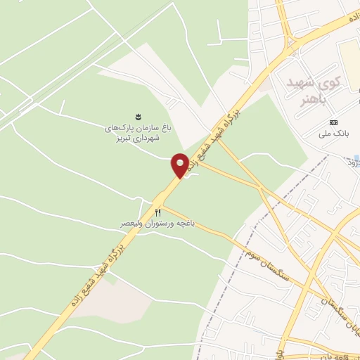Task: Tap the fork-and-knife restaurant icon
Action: [158, 212]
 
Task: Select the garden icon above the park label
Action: [137, 115]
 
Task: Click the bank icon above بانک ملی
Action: [334, 122]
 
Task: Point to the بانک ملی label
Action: [334, 134]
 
